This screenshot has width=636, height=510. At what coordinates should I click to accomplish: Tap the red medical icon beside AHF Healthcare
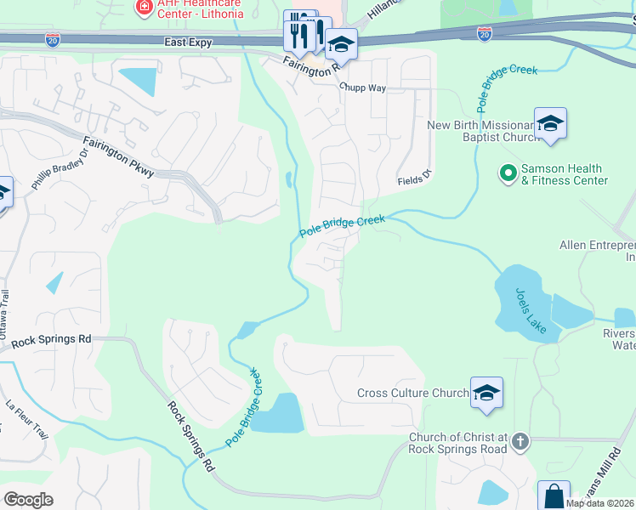tap(144, 7)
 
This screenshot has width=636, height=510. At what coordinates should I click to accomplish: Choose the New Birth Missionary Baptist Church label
tap(484, 132)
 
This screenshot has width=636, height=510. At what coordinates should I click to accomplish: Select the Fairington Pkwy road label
tap(118, 157)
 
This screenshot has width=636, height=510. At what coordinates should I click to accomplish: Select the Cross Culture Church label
tap(412, 393)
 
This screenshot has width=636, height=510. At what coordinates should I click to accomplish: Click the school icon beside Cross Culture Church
tap(486, 393)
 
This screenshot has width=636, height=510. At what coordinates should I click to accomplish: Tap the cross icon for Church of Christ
tap(520, 442)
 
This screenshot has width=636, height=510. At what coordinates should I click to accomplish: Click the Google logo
tap(28, 499)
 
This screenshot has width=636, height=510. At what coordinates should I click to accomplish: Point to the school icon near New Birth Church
tap(550, 123)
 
